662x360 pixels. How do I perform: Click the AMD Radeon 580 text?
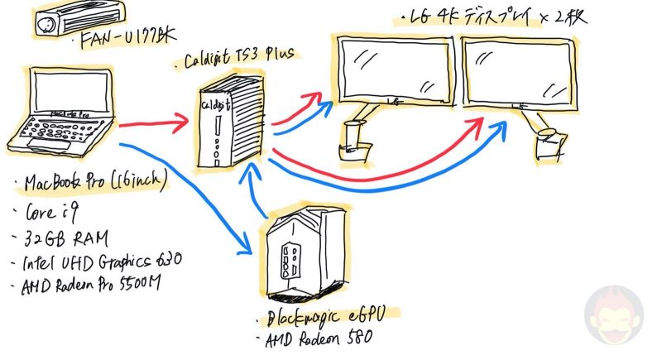[x=319, y=340]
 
